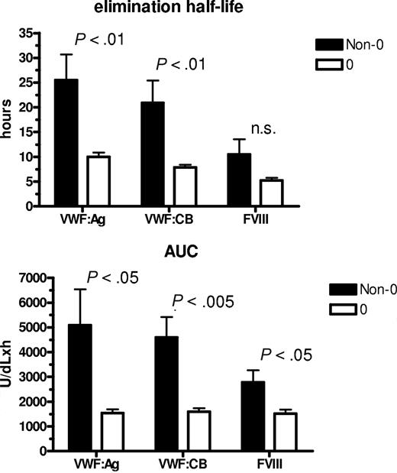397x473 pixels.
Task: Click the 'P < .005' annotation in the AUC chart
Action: click(x=204, y=301)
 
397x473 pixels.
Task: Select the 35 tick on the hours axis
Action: click(x=27, y=34)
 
